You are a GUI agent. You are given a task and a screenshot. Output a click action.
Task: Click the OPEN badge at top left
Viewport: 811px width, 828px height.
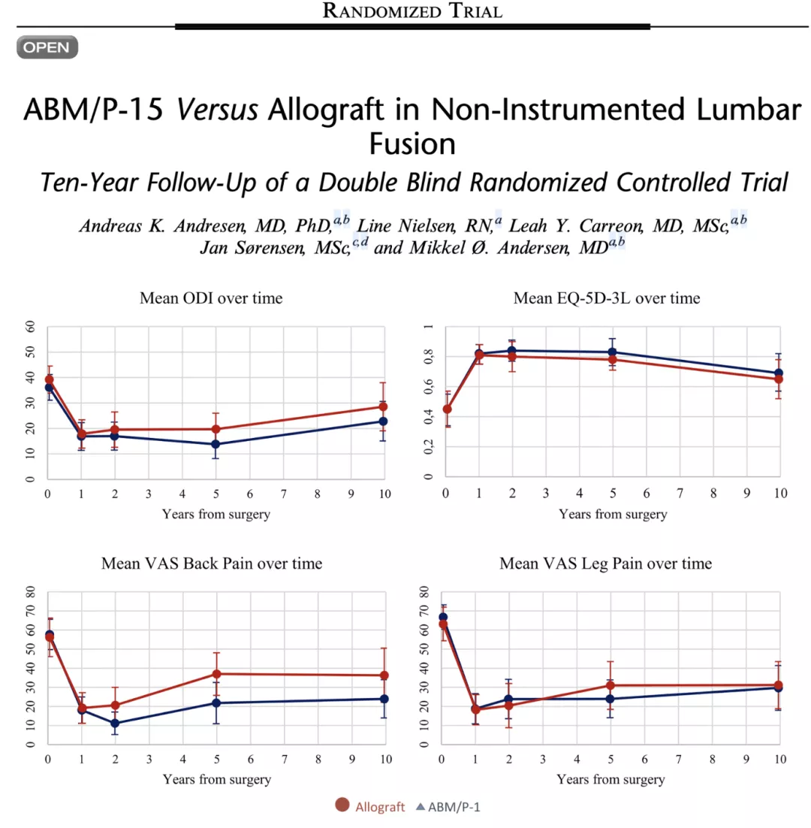(47, 47)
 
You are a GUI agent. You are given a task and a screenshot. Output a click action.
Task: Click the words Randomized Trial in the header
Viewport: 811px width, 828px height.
(412, 11)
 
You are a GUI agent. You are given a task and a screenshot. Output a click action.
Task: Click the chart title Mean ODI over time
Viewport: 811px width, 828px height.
(211, 298)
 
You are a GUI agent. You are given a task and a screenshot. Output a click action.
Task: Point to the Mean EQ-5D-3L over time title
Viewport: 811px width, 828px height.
(606, 298)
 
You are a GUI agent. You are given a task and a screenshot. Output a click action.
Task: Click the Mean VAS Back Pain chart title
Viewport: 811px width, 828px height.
(211, 563)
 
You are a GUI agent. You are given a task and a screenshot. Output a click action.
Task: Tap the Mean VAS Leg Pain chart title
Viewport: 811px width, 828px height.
(606, 563)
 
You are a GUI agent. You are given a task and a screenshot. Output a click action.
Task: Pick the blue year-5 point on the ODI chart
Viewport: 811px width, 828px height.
(216, 444)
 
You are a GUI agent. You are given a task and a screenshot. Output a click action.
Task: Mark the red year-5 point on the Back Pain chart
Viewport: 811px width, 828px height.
(216, 674)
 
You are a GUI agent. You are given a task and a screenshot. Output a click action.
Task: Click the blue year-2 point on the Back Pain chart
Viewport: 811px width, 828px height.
(115, 724)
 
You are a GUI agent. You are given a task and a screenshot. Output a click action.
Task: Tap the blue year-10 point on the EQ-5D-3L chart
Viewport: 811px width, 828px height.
(778, 373)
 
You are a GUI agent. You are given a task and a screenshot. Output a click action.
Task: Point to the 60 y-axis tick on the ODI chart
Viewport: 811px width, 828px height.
(30, 328)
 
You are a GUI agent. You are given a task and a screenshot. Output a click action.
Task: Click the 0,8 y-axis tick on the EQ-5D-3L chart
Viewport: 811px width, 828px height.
(428, 358)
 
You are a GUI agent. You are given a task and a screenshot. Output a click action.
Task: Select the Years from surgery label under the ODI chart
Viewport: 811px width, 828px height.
(216, 514)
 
